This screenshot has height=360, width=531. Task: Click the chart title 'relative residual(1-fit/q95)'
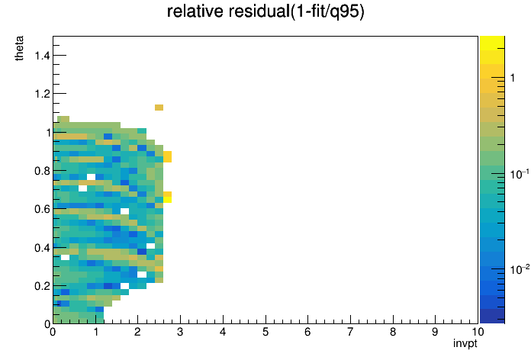[265, 11]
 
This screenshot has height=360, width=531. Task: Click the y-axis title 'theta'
[19, 48]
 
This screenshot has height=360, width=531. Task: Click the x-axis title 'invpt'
[465, 344]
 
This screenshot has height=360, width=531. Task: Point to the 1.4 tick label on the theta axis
[42, 55]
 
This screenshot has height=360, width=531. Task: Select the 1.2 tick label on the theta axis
[42, 94]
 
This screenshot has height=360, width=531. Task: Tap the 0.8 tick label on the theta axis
[42, 171]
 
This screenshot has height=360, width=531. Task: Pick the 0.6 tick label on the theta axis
[42, 209]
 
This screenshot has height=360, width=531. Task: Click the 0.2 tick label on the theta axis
[42, 286]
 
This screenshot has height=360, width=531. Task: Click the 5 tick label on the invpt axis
[265, 332]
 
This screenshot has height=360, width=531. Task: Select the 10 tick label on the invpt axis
[478, 332]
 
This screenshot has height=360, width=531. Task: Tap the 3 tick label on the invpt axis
[180, 332]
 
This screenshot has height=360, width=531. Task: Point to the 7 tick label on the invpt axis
[350, 332]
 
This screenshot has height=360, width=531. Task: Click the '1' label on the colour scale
[513, 78]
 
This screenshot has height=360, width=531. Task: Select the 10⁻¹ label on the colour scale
[519, 174]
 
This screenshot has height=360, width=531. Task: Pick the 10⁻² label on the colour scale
[519, 269]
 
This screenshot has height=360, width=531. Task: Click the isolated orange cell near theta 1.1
[159, 108]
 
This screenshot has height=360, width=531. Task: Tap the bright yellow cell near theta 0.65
[167, 200]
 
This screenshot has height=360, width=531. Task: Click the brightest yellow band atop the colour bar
[492, 43]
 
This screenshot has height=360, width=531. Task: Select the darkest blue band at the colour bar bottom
[492, 316]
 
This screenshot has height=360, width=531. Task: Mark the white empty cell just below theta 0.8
[91, 177]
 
